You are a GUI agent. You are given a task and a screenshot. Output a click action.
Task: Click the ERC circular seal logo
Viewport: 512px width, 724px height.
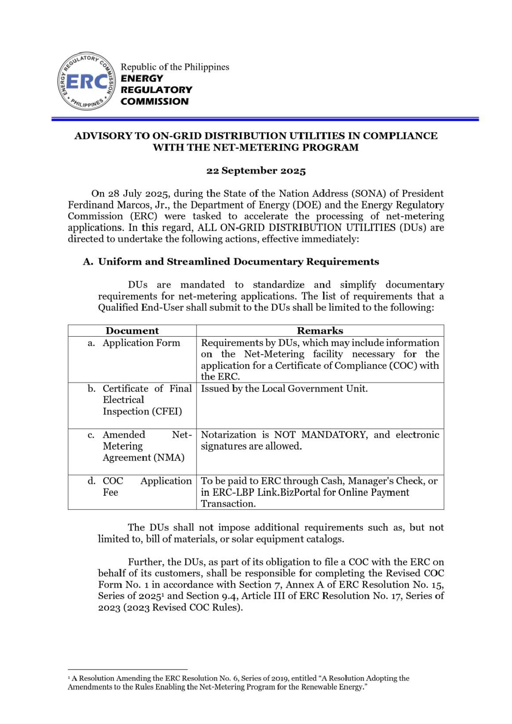[x=86, y=82]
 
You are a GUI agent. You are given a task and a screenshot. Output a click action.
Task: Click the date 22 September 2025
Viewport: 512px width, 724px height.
[x=256, y=171]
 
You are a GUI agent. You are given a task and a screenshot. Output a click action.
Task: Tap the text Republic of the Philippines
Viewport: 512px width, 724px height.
[x=175, y=67]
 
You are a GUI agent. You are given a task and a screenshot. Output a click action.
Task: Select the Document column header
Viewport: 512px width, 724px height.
[x=132, y=331]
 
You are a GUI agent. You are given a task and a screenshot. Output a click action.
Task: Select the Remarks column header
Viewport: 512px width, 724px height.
[x=320, y=331]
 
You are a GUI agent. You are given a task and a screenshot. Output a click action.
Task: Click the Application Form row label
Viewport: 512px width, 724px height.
[x=141, y=343]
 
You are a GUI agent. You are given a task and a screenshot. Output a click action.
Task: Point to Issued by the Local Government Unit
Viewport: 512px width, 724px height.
[x=284, y=389]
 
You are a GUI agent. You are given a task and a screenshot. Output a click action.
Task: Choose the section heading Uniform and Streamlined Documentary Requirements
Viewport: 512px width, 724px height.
[x=239, y=262]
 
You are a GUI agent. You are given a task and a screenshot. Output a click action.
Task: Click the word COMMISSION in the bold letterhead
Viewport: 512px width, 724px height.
[x=154, y=101]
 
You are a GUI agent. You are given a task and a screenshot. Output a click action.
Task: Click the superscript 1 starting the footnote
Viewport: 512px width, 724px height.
[x=69, y=677]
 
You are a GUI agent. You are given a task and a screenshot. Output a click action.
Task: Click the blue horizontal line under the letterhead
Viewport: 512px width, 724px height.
[x=265, y=119]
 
